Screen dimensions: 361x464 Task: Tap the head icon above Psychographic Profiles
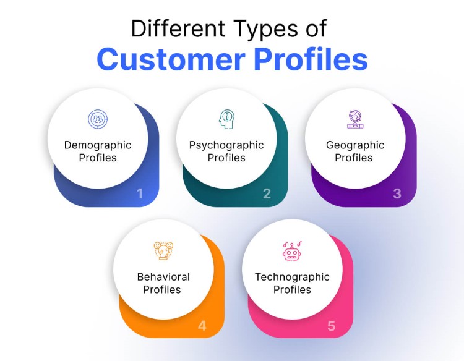tap(226, 119)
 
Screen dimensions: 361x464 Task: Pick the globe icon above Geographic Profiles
tap(354, 119)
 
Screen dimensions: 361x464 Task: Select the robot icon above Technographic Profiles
tap(292, 250)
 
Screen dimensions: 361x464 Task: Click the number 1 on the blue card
tap(140, 193)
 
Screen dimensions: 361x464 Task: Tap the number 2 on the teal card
tap(267, 193)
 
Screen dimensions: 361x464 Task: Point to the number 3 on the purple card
tap(397, 193)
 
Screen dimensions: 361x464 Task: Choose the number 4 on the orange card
tap(202, 325)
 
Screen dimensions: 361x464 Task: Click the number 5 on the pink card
tap(332, 325)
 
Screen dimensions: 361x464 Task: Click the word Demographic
tap(98, 145)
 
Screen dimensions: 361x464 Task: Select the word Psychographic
tap(226, 145)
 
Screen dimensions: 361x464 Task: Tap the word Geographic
tap(355, 145)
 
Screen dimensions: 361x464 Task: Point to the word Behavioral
tap(163, 276)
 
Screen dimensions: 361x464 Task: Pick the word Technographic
tap(292, 276)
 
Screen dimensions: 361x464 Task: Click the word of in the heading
tap(313, 28)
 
